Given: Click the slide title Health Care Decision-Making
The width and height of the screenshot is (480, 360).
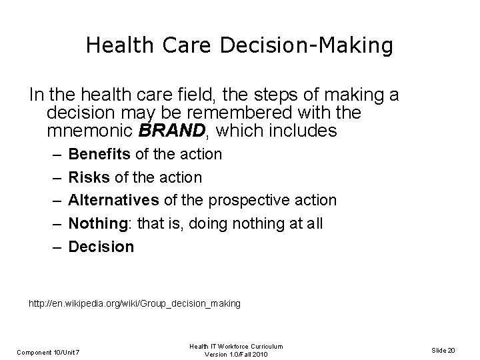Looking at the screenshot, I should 239,46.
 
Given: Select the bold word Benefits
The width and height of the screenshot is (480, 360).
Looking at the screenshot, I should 100,154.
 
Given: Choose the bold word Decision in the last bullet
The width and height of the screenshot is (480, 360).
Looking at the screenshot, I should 101,247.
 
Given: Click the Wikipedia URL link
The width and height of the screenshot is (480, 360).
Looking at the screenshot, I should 134,303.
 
